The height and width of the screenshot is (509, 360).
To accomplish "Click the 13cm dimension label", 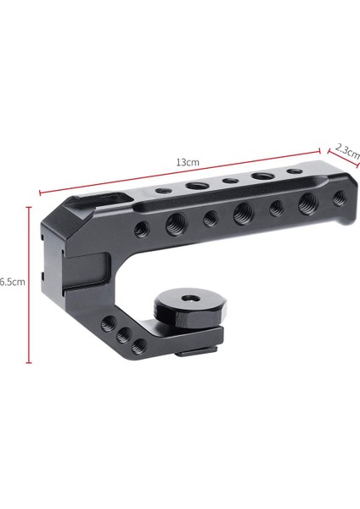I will click(188, 161).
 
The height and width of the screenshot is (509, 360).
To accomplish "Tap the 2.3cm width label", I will click(347, 154).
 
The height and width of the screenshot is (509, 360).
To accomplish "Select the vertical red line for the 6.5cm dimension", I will click(30, 288).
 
